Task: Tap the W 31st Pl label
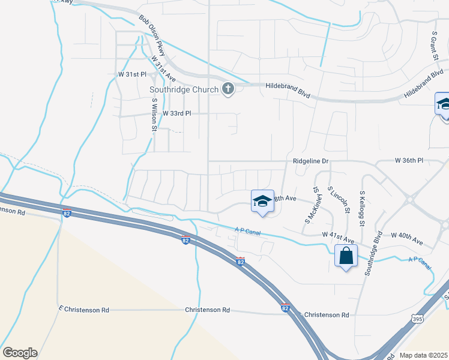131,74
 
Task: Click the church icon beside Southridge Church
228,89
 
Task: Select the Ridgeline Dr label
312,161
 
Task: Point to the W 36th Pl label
409,161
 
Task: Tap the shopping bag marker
346,256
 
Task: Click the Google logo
20,353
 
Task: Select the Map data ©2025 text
423,355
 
